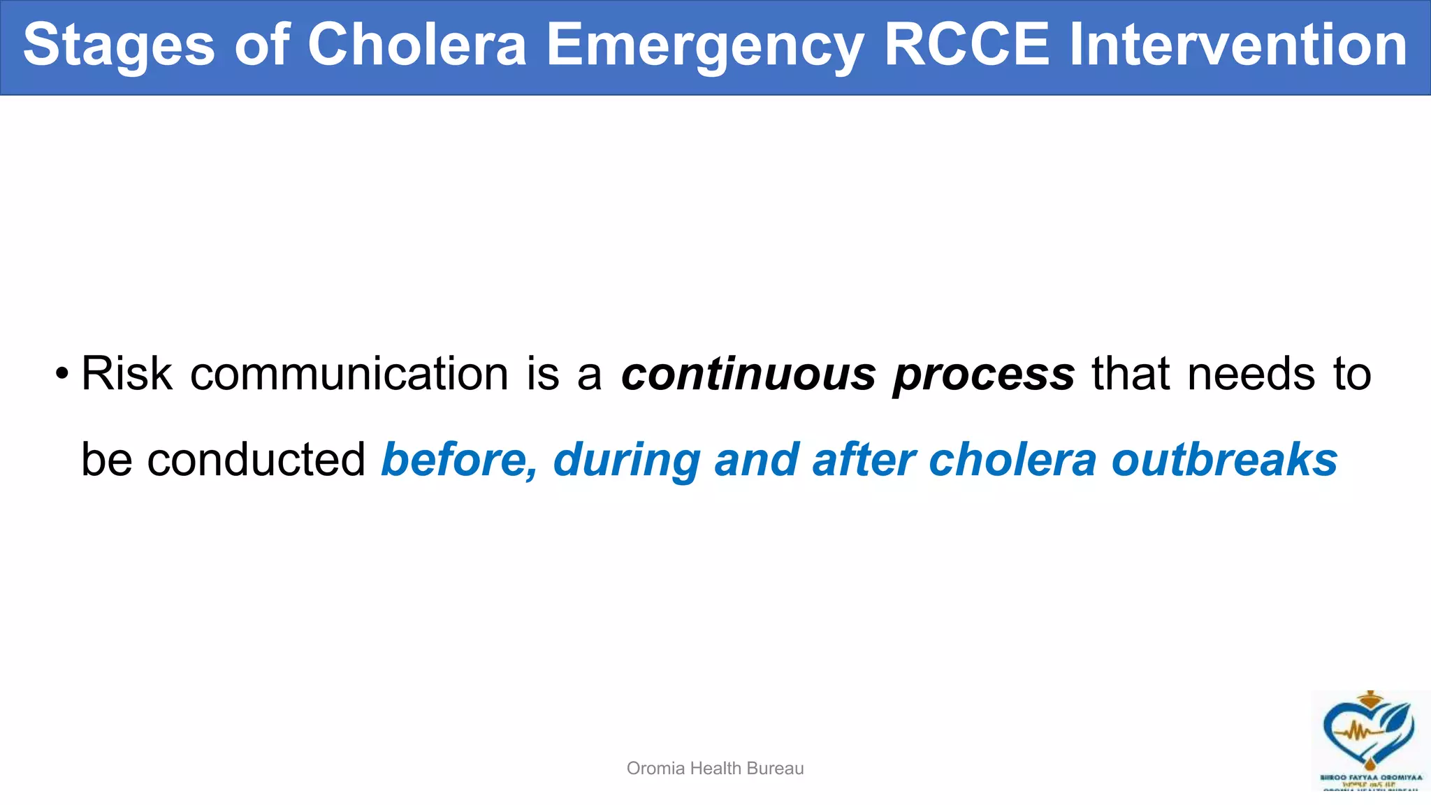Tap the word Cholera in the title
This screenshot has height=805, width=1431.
pos(416,45)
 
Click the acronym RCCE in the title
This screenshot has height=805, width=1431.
pos(966,45)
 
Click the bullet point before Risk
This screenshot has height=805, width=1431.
pos(62,374)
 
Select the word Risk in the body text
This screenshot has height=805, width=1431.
pos(126,374)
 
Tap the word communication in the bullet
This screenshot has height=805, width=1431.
pos(349,374)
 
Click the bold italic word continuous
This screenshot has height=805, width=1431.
pos(748,374)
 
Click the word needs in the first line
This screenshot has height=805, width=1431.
pos(1251,374)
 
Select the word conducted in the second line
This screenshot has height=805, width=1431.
pos(256,460)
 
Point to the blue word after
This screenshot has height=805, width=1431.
pos(864,460)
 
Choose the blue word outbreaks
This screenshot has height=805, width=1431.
pos(1224,460)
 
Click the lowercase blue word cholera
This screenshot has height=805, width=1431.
pos(1012,460)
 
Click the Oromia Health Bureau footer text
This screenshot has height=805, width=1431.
pos(715,768)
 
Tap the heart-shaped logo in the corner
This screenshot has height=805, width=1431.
pos(1369,734)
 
